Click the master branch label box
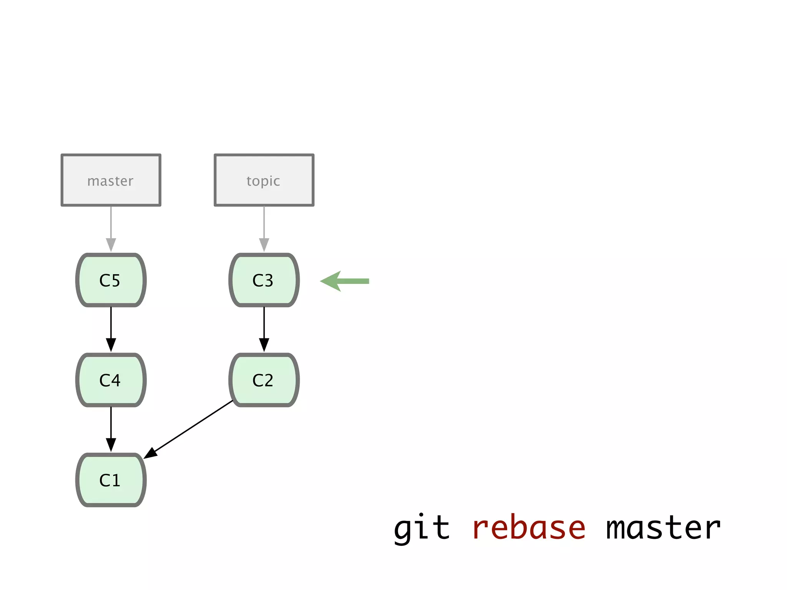pyautogui.click(x=111, y=180)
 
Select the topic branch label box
pyautogui.click(x=264, y=180)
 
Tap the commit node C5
pyautogui.click(x=111, y=280)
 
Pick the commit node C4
pyautogui.click(x=111, y=380)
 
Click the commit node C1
pyautogui.click(x=111, y=480)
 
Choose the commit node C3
pyautogui.click(x=264, y=280)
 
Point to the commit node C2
pyautogui.click(x=264, y=380)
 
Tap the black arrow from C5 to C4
pyautogui.click(x=111, y=326)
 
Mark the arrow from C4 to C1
pyautogui.click(x=111, y=426)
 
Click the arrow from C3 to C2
pyautogui.click(x=264, y=326)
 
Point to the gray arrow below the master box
pyautogui.click(x=111, y=227)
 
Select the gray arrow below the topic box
pyautogui.click(x=264, y=227)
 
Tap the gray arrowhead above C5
pyautogui.click(x=111, y=244)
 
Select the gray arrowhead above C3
pyautogui.click(x=264, y=244)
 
